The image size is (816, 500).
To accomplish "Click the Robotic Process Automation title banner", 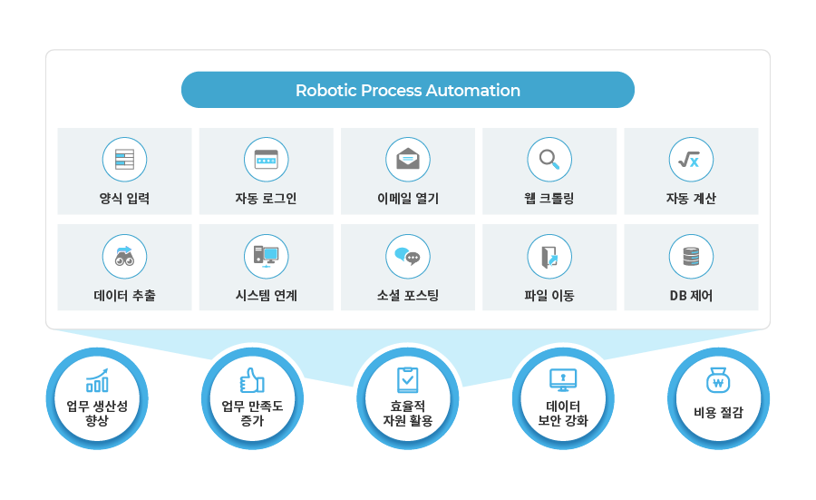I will pos(408,91).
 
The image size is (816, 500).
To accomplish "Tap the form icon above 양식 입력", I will pos(124,160).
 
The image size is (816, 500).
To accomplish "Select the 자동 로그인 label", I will pos(266,199).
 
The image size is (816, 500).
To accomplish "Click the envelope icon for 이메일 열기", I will pos(407,160).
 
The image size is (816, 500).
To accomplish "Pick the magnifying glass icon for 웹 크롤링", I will pos(549,160).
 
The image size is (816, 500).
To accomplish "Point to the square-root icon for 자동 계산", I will pos(691,160).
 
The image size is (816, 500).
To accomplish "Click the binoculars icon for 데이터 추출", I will pos(124,256).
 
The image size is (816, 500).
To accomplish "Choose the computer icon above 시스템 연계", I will pos(266,256).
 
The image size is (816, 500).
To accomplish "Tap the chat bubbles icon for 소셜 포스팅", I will pos(407,256).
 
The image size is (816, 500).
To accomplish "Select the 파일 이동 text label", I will pos(549,295).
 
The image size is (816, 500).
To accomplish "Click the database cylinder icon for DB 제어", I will pos(691,256).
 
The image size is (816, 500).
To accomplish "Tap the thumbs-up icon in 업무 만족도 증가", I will pos(252,380).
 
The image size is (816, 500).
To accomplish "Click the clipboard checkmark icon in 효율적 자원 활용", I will pos(407,379).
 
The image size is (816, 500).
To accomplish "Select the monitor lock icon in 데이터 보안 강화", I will pos(563,380).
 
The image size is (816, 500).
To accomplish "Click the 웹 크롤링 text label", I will pos(549,199).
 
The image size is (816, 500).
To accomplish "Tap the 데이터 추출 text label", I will pos(124,295).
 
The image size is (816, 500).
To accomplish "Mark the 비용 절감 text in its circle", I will pos(718,413).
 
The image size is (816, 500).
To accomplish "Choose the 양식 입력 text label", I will pos(124,199).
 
